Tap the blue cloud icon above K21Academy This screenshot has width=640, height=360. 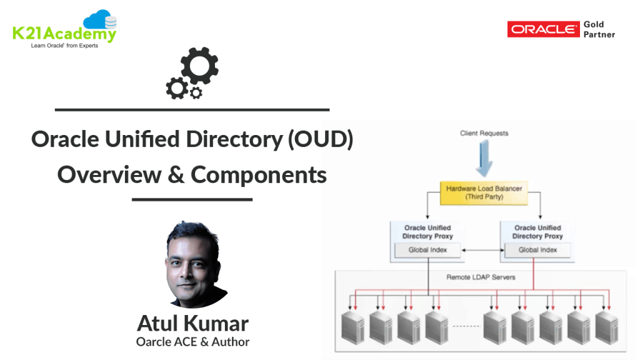coord(100,21)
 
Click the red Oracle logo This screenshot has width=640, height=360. coord(543,29)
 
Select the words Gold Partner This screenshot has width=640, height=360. coord(599,29)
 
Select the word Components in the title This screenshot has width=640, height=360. coord(259,174)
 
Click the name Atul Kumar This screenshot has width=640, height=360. coord(192,323)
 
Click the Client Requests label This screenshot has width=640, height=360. coord(484,133)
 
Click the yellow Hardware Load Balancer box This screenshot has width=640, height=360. coord(484,192)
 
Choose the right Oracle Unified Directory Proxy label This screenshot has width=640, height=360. coord(537,232)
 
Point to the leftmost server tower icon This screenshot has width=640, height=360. coord(354,327)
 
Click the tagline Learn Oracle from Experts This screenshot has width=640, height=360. coord(64,46)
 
